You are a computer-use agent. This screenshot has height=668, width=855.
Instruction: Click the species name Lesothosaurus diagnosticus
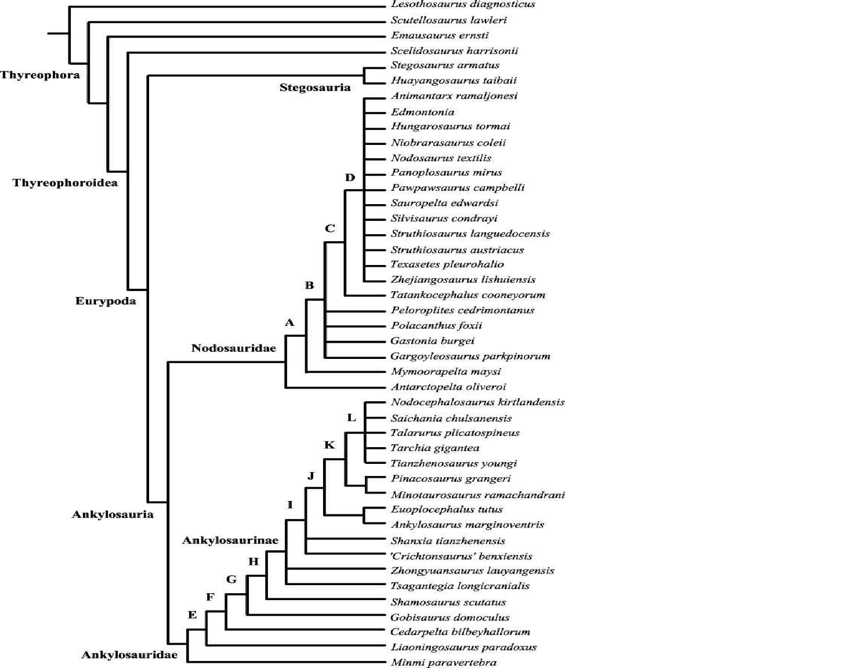462,5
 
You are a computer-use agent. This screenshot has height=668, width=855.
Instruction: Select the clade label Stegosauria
315,88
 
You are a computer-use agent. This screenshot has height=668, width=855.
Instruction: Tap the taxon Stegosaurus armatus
445,66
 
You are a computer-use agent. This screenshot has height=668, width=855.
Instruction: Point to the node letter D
350,177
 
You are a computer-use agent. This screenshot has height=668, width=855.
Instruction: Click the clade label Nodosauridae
233,348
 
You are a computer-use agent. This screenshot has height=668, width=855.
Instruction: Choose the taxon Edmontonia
422,112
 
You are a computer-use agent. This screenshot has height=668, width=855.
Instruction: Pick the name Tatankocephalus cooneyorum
468,295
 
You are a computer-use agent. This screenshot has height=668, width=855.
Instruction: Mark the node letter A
289,322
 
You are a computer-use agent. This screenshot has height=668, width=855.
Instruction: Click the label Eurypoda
106,301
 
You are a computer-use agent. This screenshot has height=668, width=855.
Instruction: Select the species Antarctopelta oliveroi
448,387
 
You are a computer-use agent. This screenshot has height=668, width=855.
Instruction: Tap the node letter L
351,418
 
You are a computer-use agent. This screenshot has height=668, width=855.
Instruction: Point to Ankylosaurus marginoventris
467,525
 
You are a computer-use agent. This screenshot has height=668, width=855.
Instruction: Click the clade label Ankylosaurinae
230,540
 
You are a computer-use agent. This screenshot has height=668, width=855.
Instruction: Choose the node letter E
193,615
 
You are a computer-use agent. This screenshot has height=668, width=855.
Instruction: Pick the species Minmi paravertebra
443,662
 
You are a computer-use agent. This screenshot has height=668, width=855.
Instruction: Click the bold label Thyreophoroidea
65,183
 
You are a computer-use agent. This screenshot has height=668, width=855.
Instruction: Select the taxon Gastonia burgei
432,341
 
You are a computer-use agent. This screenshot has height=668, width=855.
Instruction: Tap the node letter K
329,445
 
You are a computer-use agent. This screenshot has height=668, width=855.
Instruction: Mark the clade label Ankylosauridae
129,655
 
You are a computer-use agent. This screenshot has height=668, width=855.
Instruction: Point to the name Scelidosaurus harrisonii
454,51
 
